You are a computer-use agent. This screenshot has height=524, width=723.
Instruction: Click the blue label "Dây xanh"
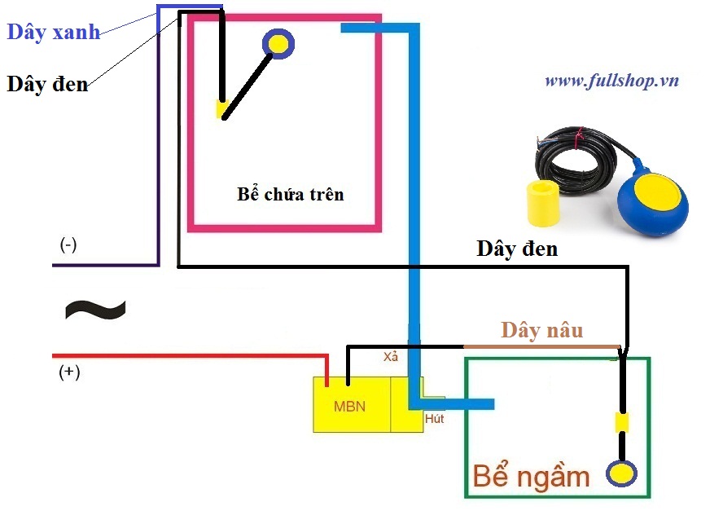(x=54, y=33)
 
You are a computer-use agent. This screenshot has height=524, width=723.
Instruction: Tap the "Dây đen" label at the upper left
(x=47, y=83)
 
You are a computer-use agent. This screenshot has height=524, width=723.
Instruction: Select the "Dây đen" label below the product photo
(x=517, y=249)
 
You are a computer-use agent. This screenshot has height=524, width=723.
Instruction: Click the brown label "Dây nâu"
(x=541, y=330)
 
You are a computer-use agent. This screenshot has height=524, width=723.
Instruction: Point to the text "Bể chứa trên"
(x=291, y=194)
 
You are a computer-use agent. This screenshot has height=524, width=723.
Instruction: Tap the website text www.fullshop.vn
(x=611, y=81)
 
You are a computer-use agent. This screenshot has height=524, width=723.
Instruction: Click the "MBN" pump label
(x=351, y=405)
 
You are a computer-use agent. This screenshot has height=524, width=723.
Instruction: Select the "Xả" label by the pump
(x=391, y=357)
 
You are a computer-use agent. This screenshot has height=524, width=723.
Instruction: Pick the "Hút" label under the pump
(x=436, y=418)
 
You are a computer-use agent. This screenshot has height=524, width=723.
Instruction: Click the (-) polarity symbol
(x=68, y=244)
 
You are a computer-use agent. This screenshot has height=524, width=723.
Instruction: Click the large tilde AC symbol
(x=95, y=309)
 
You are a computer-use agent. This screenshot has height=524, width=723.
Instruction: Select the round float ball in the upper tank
(x=278, y=44)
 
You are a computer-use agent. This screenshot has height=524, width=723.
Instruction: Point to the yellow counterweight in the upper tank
(x=221, y=108)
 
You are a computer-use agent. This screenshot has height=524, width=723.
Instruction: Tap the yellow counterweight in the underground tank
(x=622, y=423)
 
